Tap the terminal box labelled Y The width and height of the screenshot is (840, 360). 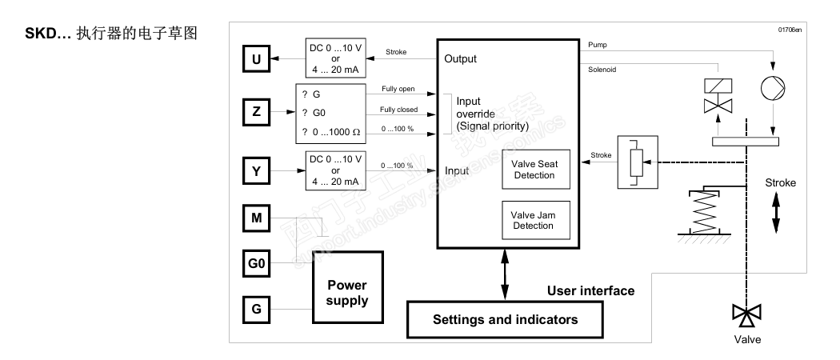click(x=256, y=170)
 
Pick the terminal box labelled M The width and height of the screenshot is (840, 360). click(x=256, y=217)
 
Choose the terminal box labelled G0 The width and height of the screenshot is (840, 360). click(x=256, y=262)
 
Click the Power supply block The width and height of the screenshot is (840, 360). click(x=347, y=294)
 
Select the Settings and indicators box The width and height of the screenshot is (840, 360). click(x=504, y=319)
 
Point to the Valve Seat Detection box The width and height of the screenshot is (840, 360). click(x=535, y=170)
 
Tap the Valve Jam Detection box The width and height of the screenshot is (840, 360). click(x=535, y=221)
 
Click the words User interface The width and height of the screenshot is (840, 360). click(x=590, y=290)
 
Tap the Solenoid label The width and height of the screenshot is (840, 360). click(x=602, y=70)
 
